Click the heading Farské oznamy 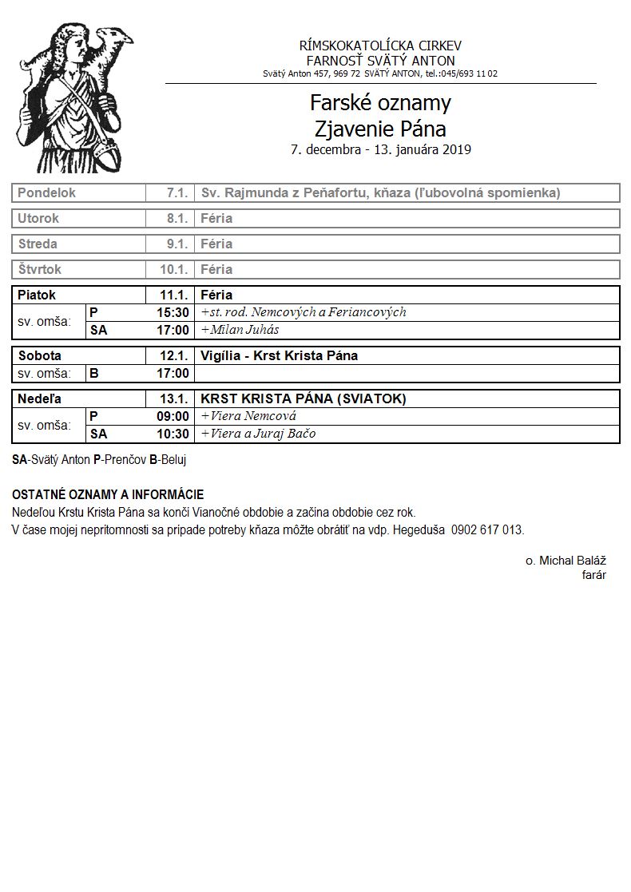(380, 103)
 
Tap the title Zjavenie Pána (380, 128)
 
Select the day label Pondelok (46, 193)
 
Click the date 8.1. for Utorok (177, 219)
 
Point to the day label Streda (38, 244)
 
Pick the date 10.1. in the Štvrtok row (173, 270)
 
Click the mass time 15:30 (173, 313)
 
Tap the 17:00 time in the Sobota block (173, 374)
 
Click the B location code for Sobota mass (94, 374)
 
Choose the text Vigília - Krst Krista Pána (279, 356)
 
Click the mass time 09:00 (173, 417)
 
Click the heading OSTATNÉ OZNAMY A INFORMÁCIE (108, 495)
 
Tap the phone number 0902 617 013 (487, 530)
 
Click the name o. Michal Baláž (565, 561)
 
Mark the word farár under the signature (593, 575)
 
